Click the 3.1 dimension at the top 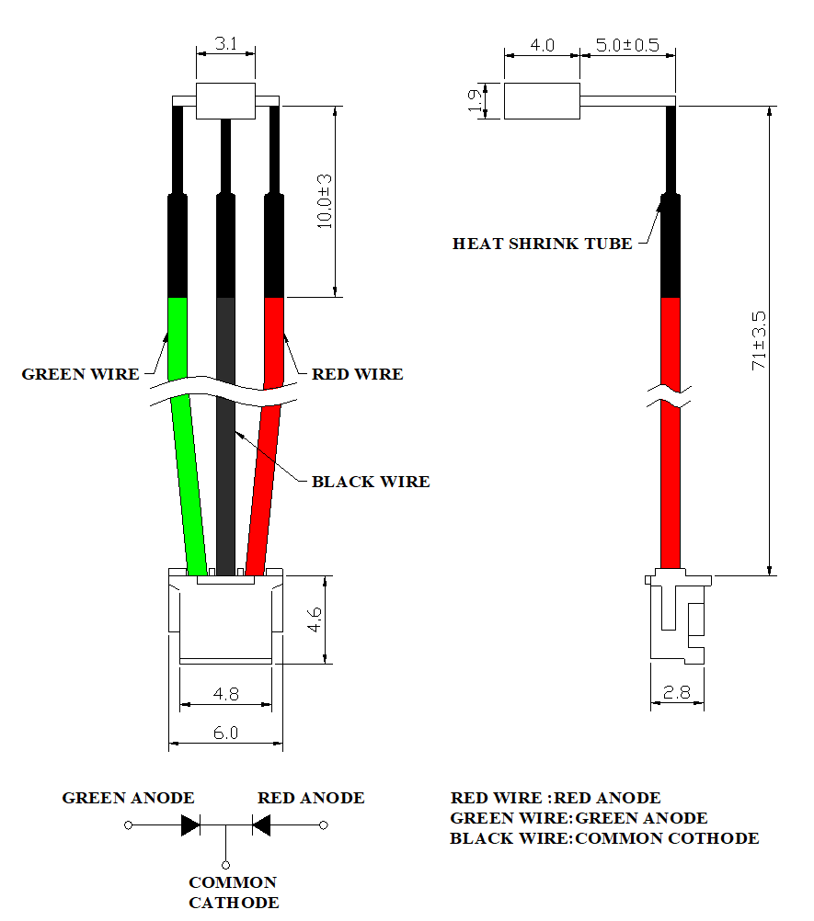pos(225,44)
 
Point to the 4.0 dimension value pos(543,44)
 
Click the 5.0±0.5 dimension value pos(627,44)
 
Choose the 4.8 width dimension pos(225,694)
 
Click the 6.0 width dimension pos(225,733)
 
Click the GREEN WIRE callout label pos(81,374)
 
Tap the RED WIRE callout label pos(357,374)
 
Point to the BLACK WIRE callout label pos(371,482)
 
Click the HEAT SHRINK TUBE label pos(543,244)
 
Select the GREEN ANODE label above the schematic pos(128,798)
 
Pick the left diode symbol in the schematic pos(191,825)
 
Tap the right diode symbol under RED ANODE pos(261,825)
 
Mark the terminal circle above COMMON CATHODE pos(226,865)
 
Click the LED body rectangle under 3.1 pos(225,102)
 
